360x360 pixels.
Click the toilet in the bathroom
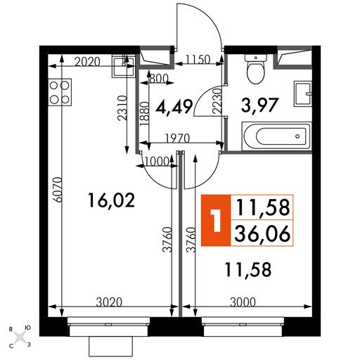(256, 69)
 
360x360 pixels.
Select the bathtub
(276, 136)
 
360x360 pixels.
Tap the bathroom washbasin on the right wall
(303, 94)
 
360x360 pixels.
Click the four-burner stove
(60, 92)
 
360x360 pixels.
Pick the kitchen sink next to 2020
(124, 67)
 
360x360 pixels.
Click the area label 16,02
(112, 200)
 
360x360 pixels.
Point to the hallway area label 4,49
(174, 107)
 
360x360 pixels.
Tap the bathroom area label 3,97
(260, 105)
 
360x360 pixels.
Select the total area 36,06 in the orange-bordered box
(262, 233)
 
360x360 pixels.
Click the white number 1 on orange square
(216, 220)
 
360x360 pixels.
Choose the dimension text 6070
(58, 190)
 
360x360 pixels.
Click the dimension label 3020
(109, 302)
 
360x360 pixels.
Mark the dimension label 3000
(243, 302)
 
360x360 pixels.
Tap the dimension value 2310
(122, 108)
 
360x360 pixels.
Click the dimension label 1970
(177, 139)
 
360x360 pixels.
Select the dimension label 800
(159, 79)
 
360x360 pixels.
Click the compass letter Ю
(27, 328)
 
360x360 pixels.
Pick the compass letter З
(29, 345)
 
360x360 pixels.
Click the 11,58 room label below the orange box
(248, 269)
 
